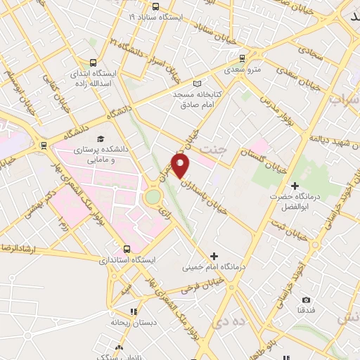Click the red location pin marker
click(181, 165)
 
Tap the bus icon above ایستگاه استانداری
click(127, 248)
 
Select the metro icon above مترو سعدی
click(242, 59)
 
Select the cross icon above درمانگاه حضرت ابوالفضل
click(295, 185)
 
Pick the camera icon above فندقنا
click(306, 300)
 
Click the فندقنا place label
click(306, 310)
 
